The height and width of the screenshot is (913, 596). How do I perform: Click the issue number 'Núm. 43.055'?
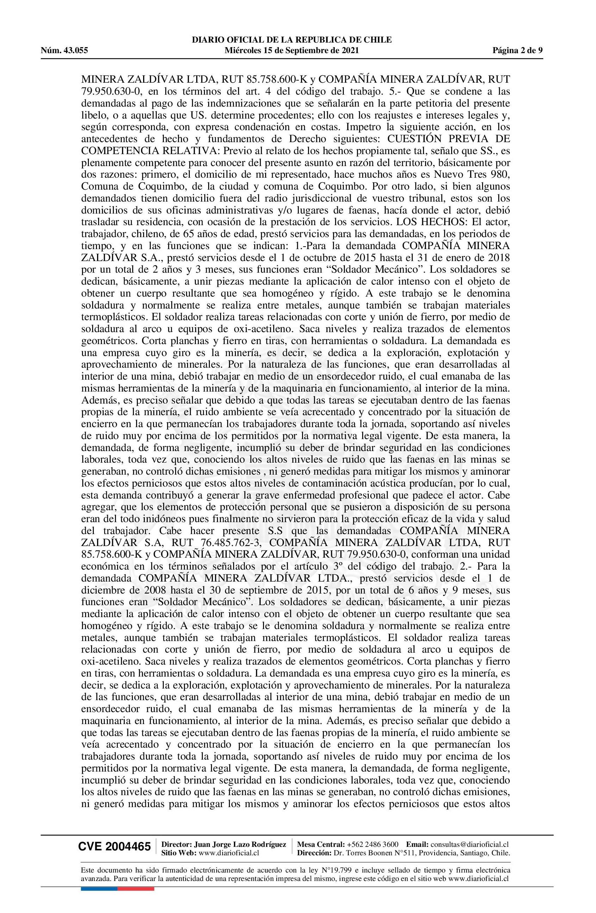click(x=64, y=50)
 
